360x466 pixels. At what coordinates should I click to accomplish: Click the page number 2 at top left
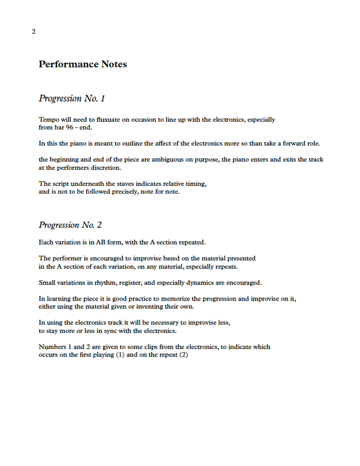pyautogui.click(x=33, y=31)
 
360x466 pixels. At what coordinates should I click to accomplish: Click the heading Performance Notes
pyautogui.click(x=83, y=64)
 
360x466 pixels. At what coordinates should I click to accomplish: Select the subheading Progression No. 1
pyautogui.click(x=72, y=98)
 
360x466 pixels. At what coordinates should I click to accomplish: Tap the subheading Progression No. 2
pyautogui.click(x=70, y=225)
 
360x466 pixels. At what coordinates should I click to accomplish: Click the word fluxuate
pyautogui.click(x=116, y=119)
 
